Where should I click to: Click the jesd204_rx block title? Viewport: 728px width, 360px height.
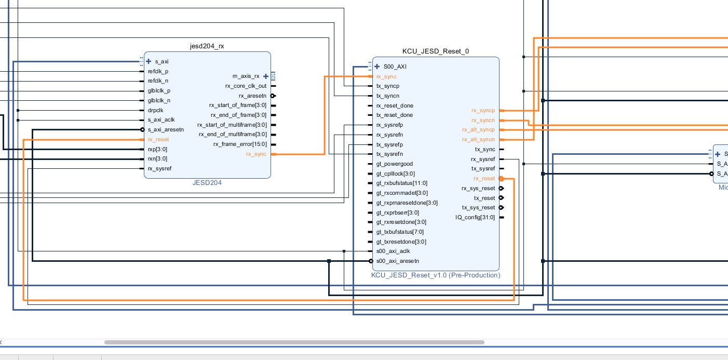pyautogui.click(x=207, y=46)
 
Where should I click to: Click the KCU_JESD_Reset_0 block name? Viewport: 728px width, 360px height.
pyautogui.click(x=436, y=51)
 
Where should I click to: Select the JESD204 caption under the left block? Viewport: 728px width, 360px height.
pyautogui.click(x=207, y=183)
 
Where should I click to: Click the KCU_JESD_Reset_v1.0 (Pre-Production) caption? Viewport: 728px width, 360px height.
pyautogui.click(x=436, y=275)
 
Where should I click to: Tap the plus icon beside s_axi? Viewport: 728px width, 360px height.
pyautogui.click(x=149, y=61)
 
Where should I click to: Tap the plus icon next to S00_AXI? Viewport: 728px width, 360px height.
pyautogui.click(x=377, y=66)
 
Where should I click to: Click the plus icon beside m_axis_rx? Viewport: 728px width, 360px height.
pyautogui.click(x=266, y=76)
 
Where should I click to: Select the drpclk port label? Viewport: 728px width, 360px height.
pyautogui.click(x=155, y=110)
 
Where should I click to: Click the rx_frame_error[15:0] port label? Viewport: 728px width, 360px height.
pyautogui.click(x=240, y=144)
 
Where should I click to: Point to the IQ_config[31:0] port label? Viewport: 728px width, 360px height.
pyautogui.click(x=475, y=217)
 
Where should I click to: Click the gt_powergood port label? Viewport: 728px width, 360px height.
pyautogui.click(x=394, y=164)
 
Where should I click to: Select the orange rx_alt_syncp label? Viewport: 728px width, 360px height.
pyautogui.click(x=478, y=130)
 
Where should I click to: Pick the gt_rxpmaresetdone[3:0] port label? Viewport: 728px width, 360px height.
pyautogui.click(x=407, y=203)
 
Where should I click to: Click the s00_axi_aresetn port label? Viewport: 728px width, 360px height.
pyautogui.click(x=397, y=261)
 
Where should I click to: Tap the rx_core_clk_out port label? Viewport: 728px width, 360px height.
pyautogui.click(x=246, y=86)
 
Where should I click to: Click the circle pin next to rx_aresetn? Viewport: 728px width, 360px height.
pyautogui.click(x=273, y=96)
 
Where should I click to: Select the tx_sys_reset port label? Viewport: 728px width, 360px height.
pyautogui.click(x=478, y=207)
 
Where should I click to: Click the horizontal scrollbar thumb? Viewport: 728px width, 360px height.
pyautogui.click(x=294, y=342)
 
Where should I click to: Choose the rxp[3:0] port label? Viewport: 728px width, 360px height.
pyautogui.click(x=157, y=149)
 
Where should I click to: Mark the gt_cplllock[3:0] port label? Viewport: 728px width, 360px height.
pyautogui.click(x=395, y=174)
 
